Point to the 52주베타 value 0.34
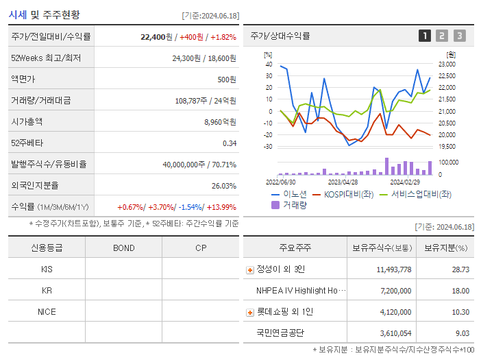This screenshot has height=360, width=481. click(x=229, y=143)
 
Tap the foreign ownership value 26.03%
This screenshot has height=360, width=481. click(x=223, y=185)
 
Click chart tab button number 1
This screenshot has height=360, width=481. click(x=425, y=36)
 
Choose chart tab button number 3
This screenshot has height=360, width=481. click(x=459, y=36)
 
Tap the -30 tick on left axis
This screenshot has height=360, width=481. click(x=268, y=146)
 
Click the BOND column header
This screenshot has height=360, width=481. click(x=123, y=248)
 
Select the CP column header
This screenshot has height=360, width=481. click(x=201, y=248)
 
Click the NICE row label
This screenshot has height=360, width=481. click(x=47, y=311)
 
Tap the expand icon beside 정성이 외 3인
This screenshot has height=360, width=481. click(x=249, y=269)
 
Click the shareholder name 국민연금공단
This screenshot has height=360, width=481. click(x=280, y=333)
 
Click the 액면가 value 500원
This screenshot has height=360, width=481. click(x=227, y=79)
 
